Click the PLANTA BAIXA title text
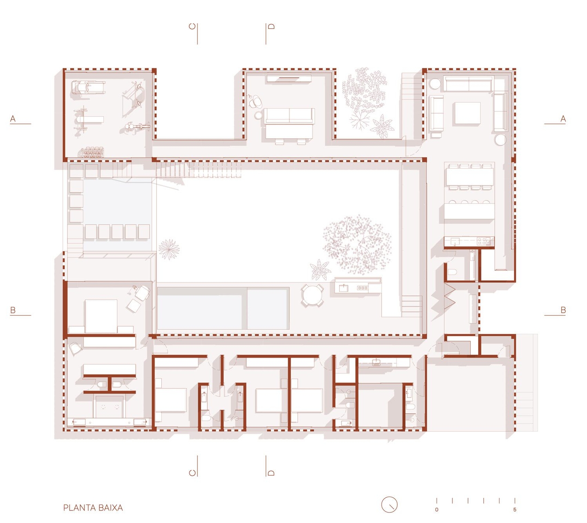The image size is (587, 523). click(93, 508)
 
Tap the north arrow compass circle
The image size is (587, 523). click(389, 505)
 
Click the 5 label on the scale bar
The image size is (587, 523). click(515, 510)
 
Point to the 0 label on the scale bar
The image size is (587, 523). click(437, 510)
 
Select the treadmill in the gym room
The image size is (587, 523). click(88, 87)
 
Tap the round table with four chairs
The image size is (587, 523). click(312, 295)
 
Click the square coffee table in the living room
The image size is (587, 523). click(467, 113)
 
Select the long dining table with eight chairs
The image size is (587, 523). click(470, 176)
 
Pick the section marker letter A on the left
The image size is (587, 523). click(13, 119)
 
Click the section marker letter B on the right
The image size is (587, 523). click(563, 310)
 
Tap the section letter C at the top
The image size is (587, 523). click(192, 26)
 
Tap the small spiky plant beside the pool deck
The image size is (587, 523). click(169, 249)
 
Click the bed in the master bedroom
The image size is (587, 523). click(101, 317)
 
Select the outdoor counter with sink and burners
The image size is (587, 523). click(358, 285)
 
